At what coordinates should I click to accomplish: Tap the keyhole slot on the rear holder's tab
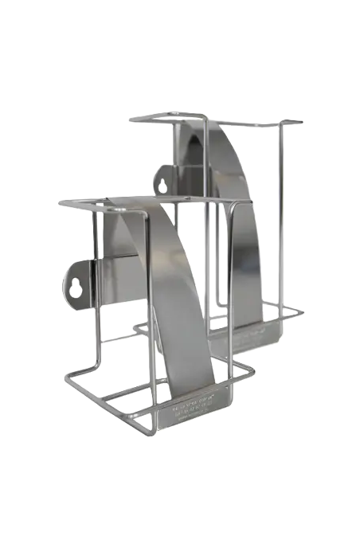pos(164,180)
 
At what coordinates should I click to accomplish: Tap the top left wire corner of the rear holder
pos(131,119)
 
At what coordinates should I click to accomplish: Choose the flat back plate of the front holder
pos(119,263)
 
